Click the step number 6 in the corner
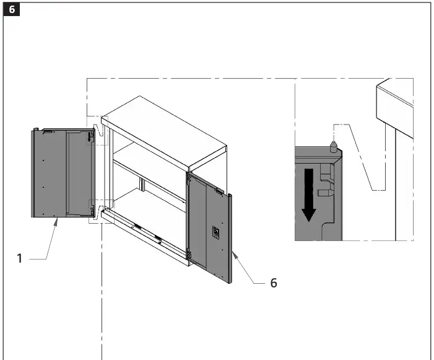tap(12, 11)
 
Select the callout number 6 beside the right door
tap(273, 283)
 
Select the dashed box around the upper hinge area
tap(97, 131)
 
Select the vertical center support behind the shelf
tap(142, 184)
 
